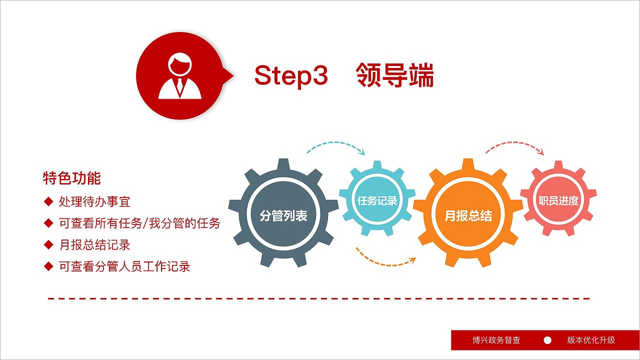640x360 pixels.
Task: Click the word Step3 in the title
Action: [290, 75]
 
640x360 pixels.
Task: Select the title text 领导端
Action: [395, 75]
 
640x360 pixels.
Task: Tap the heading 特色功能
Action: [72, 178]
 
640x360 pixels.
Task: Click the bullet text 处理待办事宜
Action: [94, 201]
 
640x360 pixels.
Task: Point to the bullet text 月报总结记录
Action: [94, 244]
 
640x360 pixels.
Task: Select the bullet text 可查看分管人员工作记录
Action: [124, 266]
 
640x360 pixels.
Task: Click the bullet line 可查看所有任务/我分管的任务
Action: [139, 223]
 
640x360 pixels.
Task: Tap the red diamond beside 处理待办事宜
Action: [48, 201]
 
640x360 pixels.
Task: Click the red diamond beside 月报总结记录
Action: [48, 244]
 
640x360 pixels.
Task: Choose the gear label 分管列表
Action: [283, 215]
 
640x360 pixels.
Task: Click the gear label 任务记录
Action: [377, 200]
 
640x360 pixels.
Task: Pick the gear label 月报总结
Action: [468, 215]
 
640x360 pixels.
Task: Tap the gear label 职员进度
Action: [558, 200]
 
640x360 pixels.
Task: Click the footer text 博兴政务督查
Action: [496, 340]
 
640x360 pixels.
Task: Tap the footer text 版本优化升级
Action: [591, 340]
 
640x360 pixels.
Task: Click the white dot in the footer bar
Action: [547, 340]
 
